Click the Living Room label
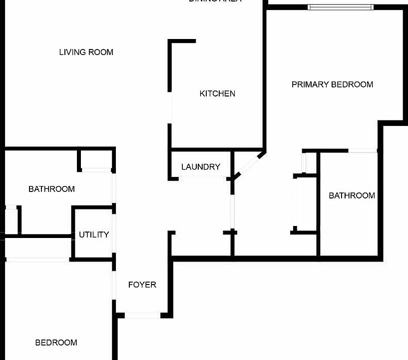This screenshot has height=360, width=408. (x=86, y=52)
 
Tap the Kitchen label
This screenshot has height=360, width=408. (x=217, y=93)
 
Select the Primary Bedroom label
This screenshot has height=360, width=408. (x=332, y=84)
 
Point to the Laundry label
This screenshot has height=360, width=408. (x=200, y=167)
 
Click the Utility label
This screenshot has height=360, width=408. (x=94, y=234)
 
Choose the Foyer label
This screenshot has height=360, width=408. (x=142, y=284)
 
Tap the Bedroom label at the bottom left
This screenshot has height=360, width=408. (x=56, y=342)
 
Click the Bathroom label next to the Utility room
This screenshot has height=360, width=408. (x=51, y=189)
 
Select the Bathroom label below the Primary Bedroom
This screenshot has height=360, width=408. (x=352, y=195)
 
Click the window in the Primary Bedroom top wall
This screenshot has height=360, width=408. (x=340, y=7)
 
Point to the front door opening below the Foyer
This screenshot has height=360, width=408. (x=142, y=315)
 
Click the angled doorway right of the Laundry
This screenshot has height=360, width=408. (x=247, y=165)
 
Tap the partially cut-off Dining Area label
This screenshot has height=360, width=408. (x=215, y=1)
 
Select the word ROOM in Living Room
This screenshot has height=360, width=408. (x=101, y=52)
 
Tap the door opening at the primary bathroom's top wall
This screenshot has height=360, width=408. (x=362, y=150)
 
